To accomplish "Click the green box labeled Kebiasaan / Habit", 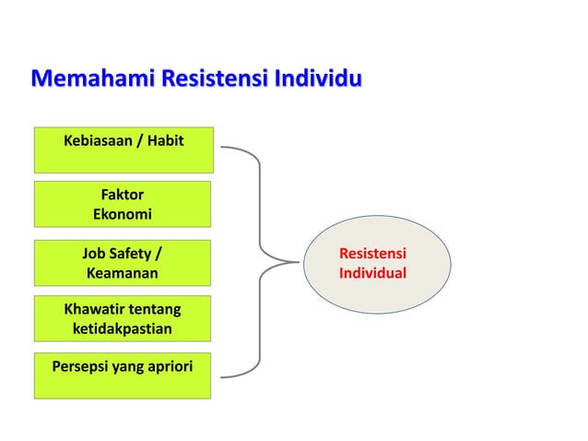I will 123,149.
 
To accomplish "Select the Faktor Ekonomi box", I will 123,204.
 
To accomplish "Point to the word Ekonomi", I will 122,214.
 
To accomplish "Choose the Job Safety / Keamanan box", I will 123,263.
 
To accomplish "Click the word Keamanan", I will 122,273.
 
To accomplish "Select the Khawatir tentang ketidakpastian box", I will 123,318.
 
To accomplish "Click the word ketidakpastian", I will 122,328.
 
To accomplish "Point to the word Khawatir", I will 92,309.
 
